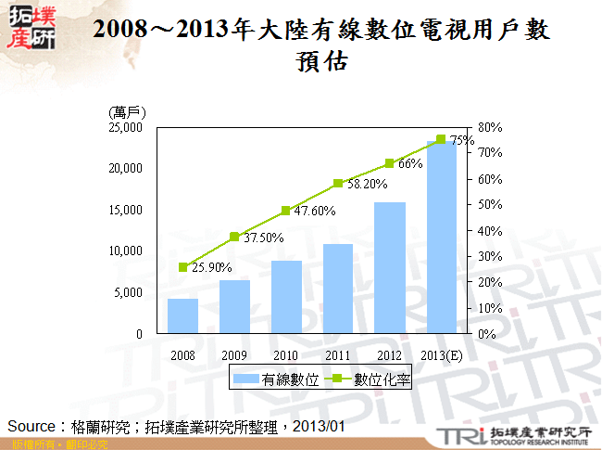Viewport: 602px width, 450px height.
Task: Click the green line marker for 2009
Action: [234, 237]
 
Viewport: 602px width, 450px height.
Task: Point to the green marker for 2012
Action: [390, 163]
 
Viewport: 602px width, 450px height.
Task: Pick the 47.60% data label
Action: [316, 211]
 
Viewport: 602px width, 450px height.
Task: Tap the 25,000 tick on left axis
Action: [126, 127]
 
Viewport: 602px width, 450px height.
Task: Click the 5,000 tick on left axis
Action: [129, 292]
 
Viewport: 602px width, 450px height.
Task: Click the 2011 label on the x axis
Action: [338, 355]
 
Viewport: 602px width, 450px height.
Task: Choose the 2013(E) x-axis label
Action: [442, 355]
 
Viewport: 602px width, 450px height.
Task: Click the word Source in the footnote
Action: [28, 426]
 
